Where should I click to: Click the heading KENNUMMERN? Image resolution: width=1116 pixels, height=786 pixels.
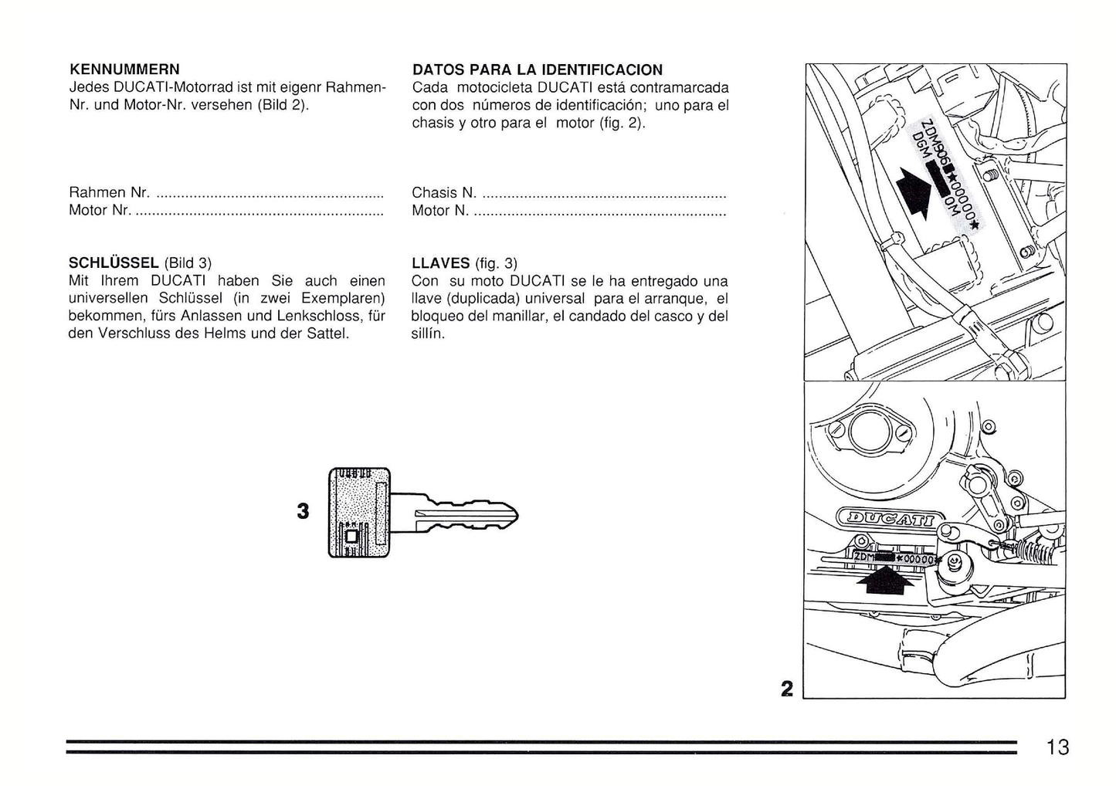pyautogui.click(x=124, y=69)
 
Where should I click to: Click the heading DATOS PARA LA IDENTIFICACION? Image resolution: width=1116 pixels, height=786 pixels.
pyautogui.click(x=537, y=69)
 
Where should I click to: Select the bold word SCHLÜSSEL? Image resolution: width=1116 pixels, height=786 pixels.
pyautogui.click(x=114, y=263)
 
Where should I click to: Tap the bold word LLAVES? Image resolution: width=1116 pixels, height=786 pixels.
pyautogui.click(x=440, y=263)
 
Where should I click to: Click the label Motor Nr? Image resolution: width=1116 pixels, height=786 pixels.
pyautogui.click(x=100, y=210)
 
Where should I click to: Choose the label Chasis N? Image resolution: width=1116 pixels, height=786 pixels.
pyautogui.click(x=444, y=192)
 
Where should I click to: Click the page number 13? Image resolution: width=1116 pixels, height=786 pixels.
pyautogui.click(x=1057, y=747)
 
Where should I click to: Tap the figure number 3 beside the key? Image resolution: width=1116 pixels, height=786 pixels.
pyautogui.click(x=303, y=511)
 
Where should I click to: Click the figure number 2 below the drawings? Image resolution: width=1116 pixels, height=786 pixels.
pyautogui.click(x=786, y=688)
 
